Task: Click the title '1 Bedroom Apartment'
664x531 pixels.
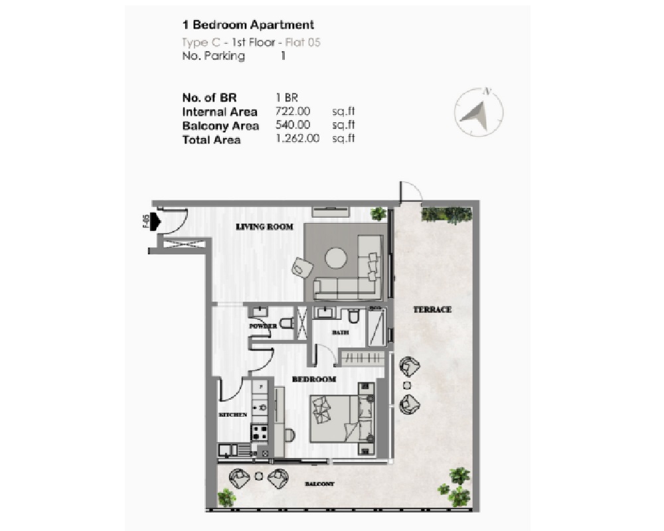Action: pyautogui.click(x=248, y=25)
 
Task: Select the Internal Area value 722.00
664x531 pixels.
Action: pyautogui.click(x=293, y=112)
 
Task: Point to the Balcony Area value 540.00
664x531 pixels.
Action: pyautogui.click(x=293, y=125)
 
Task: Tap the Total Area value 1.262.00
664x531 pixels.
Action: pyautogui.click(x=297, y=139)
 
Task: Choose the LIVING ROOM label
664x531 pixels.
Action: pyautogui.click(x=265, y=227)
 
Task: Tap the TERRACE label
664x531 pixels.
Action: pyautogui.click(x=432, y=309)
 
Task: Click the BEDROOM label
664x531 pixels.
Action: pyautogui.click(x=314, y=380)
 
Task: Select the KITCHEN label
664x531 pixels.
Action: pyautogui.click(x=233, y=415)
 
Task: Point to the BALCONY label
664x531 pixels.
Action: pyautogui.click(x=319, y=485)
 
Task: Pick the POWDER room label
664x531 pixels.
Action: pyautogui.click(x=263, y=327)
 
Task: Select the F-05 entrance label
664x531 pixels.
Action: pyautogui.click(x=145, y=221)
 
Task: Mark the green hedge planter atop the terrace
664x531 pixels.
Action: pyautogui.click(x=446, y=214)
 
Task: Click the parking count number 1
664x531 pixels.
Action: pyautogui.click(x=283, y=56)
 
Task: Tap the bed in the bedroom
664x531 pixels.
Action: pyautogui.click(x=339, y=419)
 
